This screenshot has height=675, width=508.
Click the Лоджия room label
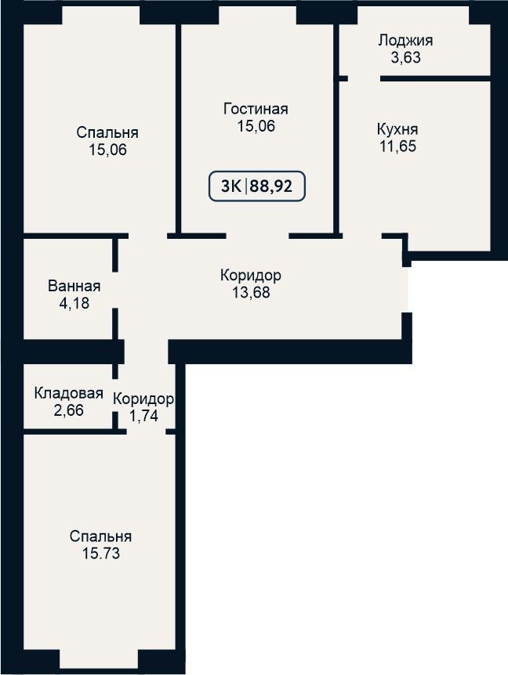[x=405, y=41]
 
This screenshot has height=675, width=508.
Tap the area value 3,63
[x=405, y=57]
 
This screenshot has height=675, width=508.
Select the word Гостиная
[x=256, y=109]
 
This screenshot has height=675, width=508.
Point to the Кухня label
[x=397, y=129]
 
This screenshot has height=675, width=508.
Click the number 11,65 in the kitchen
[x=397, y=146]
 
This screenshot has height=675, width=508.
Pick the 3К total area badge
[x=257, y=186]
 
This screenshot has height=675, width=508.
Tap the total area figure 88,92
[x=271, y=186]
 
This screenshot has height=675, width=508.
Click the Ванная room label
[x=74, y=286]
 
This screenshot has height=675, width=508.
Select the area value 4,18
[x=74, y=302]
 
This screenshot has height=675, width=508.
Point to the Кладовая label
[x=68, y=393]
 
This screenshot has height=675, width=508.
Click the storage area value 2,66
[x=68, y=410]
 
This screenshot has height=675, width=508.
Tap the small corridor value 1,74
[x=143, y=416]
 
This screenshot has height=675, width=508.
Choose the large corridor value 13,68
[x=251, y=292]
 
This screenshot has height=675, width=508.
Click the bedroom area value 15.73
[x=101, y=553]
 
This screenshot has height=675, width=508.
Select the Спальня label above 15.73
[x=101, y=536]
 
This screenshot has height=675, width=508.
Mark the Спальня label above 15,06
[x=107, y=132]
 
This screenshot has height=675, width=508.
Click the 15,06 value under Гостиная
[x=256, y=126]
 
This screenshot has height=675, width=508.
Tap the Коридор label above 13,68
[x=251, y=275]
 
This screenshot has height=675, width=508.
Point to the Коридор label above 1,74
[x=143, y=399]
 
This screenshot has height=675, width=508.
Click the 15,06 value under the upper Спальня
[x=107, y=150]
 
